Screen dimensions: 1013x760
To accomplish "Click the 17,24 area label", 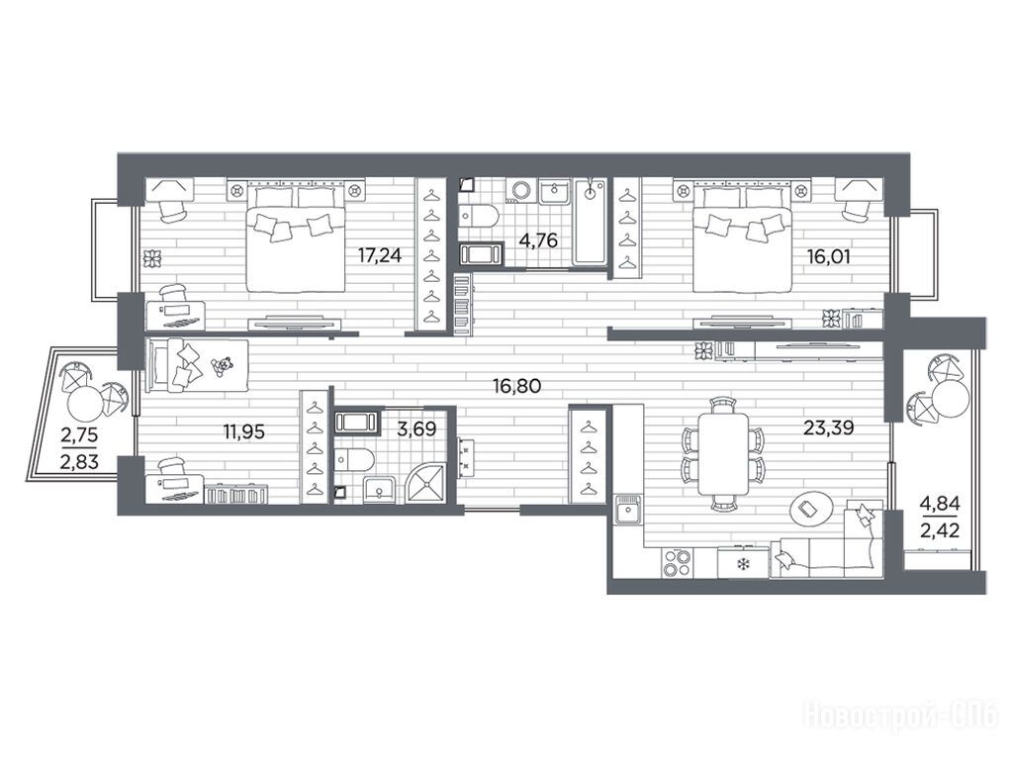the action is [380, 256].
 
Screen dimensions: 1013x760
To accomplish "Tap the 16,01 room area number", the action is [828, 256].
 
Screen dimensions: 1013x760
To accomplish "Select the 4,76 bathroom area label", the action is [537, 240].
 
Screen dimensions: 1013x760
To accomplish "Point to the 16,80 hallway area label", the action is [516, 387].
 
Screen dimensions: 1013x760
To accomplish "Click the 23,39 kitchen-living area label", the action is [828, 427].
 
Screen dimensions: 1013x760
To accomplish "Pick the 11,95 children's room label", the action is [243, 431].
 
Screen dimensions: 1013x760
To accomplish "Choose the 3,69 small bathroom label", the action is [416, 428].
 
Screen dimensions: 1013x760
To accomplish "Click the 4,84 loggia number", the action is [940, 503].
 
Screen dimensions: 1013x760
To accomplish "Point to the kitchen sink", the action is [626, 513].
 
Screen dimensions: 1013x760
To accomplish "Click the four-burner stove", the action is [677, 561].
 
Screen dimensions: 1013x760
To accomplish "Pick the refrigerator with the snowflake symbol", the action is [744, 562].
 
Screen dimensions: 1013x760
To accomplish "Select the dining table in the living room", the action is [723, 453].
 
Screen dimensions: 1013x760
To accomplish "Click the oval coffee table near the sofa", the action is [812, 510].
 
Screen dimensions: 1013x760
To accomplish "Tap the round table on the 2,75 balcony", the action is [85, 405].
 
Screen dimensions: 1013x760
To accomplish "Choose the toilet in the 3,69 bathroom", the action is [353, 460].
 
